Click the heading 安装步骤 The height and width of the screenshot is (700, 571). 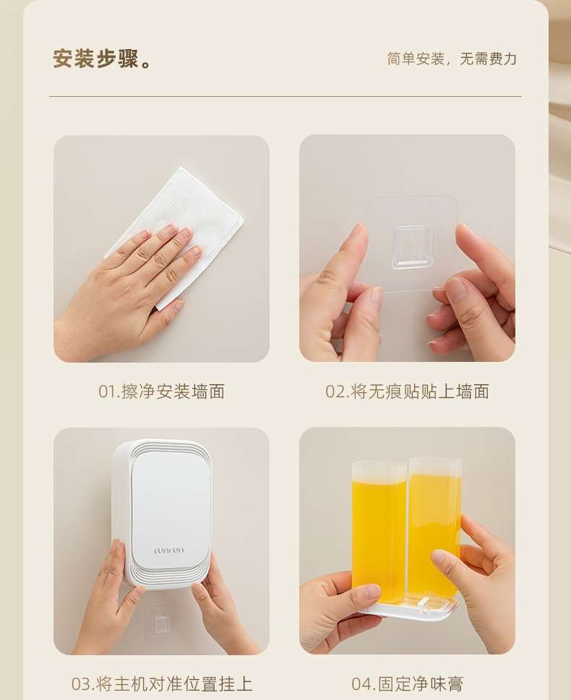(97, 59)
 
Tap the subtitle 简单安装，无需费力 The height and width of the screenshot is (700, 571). (452, 59)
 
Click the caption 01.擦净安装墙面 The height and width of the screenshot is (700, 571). (161, 392)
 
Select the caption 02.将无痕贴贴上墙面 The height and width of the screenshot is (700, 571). (407, 392)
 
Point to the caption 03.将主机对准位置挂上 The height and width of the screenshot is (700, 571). (162, 684)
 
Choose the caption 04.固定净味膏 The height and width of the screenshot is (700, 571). (407, 684)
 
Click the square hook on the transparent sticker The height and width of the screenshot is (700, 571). (413, 247)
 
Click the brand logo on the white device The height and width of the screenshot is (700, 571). (169, 550)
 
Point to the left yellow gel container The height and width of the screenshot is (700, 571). (379, 531)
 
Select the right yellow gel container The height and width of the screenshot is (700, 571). (434, 527)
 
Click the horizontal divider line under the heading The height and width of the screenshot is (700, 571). (285, 96)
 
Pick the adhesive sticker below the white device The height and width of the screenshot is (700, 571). (162, 623)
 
